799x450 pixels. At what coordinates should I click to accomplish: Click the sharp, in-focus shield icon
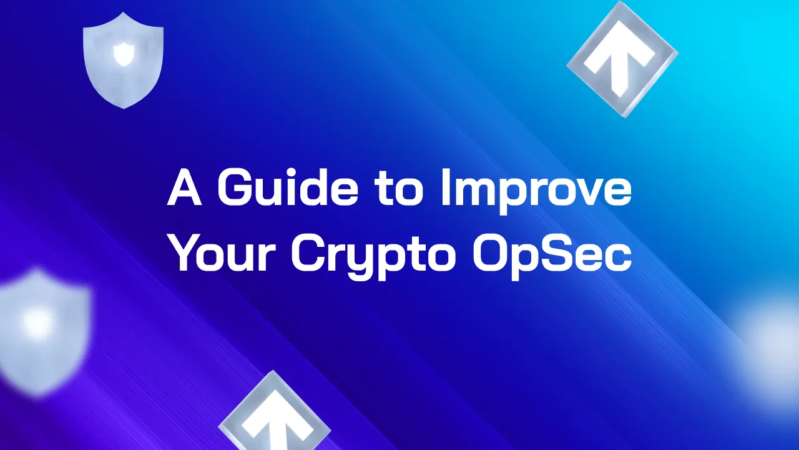pos(123,59)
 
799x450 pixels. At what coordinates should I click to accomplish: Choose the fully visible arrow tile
pos(622,59)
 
